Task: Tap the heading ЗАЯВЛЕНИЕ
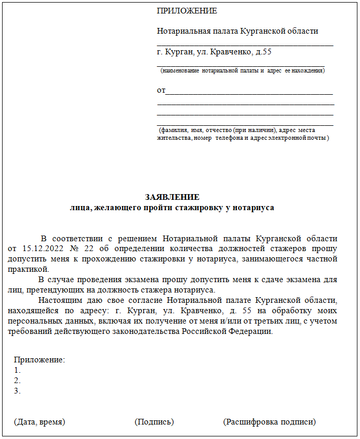tap(172, 198)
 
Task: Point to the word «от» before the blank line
tap(161, 91)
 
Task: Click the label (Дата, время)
tap(39, 422)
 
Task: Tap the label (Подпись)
tap(154, 422)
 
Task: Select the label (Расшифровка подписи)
tap(269, 422)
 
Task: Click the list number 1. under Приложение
tap(18, 370)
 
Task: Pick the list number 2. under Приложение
tap(18, 381)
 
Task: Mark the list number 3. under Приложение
tap(18, 391)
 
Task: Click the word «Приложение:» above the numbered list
tap(39, 360)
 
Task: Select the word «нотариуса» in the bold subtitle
tap(254, 208)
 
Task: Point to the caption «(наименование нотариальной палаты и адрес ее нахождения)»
tap(242, 69)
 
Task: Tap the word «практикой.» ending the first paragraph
tap(28, 269)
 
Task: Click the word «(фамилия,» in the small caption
tap(174, 130)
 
